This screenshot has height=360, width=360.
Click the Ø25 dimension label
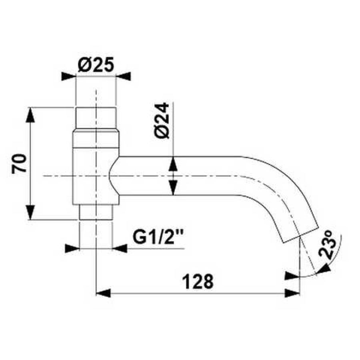point(96,64)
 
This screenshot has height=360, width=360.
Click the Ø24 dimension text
point(162,121)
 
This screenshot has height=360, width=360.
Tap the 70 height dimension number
point(19,164)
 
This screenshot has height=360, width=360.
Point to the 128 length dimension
point(198,282)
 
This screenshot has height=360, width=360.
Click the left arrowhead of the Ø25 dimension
point(69,76)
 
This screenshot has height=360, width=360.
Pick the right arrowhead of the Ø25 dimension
point(123,76)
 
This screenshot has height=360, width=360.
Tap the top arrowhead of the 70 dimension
point(30,115)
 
